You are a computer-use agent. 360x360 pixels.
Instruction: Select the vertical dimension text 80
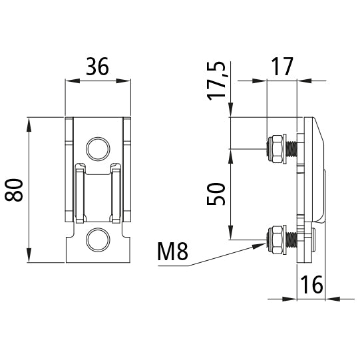pyautogui.click(x=15, y=190)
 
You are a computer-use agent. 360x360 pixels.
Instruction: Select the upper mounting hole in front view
pyautogui.click(x=97, y=148)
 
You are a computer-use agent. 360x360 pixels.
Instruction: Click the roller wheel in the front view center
pyautogui.click(x=97, y=194)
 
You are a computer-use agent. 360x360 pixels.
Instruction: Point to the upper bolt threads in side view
pyautogui.click(x=291, y=148)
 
